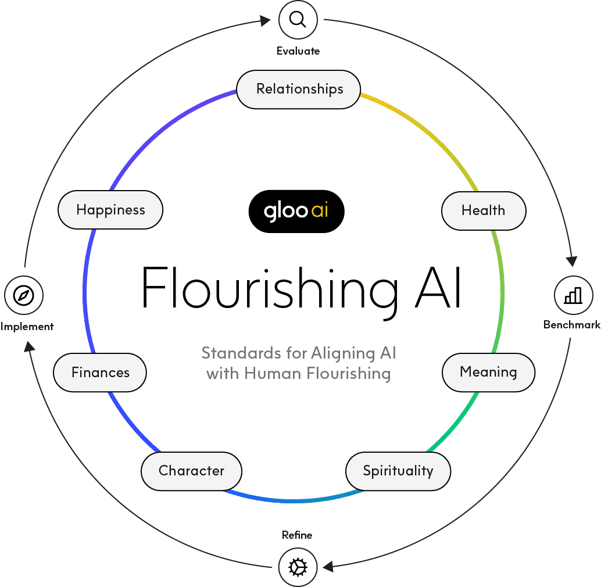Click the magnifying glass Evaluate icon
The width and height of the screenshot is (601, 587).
(298, 20)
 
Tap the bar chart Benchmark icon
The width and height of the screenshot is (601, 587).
(574, 295)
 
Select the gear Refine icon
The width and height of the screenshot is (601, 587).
(298, 567)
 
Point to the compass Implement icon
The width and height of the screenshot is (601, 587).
(24, 295)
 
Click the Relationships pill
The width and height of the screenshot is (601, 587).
(299, 90)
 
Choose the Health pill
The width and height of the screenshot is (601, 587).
(484, 211)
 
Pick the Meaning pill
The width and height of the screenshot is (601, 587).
(488, 373)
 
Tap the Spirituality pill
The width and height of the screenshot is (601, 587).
(398, 471)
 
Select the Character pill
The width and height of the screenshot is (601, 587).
(191, 471)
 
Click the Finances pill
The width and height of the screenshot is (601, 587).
(99, 373)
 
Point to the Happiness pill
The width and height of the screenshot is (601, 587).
(110, 210)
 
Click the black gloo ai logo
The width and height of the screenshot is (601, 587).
(296, 211)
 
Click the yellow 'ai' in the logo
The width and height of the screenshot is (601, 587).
(320, 210)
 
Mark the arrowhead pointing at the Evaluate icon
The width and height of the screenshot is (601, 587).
(265, 20)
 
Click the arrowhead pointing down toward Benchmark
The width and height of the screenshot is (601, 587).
(572, 261)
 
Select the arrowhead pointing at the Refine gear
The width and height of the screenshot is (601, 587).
(328, 566)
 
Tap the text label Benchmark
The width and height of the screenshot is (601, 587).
(572, 325)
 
